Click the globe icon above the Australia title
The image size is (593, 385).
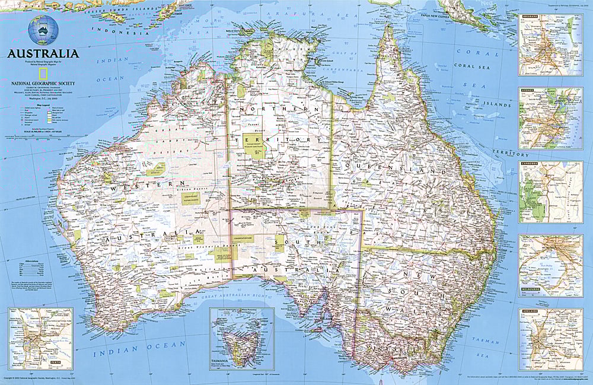(x=43, y=29)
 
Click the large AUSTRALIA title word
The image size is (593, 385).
(x=43, y=53)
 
